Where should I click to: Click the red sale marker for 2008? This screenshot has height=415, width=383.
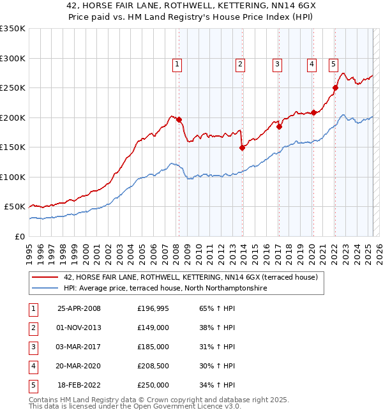click(179, 119)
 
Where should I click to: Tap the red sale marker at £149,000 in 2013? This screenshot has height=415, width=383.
click(242, 147)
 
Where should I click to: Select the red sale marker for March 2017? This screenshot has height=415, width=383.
click(280, 126)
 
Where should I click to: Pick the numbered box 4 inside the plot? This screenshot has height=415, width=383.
click(312, 64)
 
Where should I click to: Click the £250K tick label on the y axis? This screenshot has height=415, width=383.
click(13, 87)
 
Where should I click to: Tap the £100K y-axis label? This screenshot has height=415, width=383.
click(13, 177)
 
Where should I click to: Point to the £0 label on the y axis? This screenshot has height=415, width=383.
click(19, 236)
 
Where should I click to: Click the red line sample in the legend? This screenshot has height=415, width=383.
click(45, 278)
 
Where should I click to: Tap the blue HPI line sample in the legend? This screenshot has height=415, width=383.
click(45, 289)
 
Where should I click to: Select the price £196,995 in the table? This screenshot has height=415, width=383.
click(153, 308)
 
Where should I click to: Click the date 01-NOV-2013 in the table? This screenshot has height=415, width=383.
click(80, 328)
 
